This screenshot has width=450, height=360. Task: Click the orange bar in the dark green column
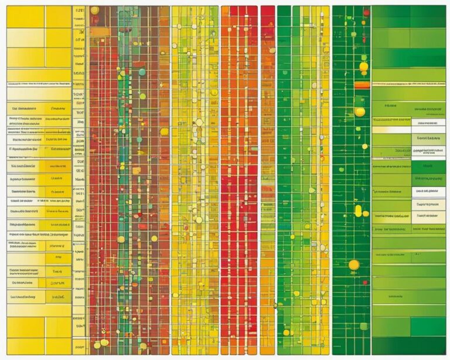click(x=362, y=85)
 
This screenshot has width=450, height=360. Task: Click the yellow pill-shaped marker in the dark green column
click(x=358, y=210)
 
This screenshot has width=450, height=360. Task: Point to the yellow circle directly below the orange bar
click(x=360, y=111)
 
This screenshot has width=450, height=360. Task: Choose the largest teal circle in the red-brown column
click(x=142, y=72)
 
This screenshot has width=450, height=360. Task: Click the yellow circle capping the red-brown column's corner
click(x=94, y=11)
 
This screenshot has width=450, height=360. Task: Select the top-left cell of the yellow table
click(x=25, y=17)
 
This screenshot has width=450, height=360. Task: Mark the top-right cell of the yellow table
click(x=58, y=17)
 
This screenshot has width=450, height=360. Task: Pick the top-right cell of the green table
click(x=428, y=17)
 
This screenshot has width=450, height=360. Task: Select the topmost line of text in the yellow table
click(x=39, y=84)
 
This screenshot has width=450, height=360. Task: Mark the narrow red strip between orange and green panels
click(x=267, y=176)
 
